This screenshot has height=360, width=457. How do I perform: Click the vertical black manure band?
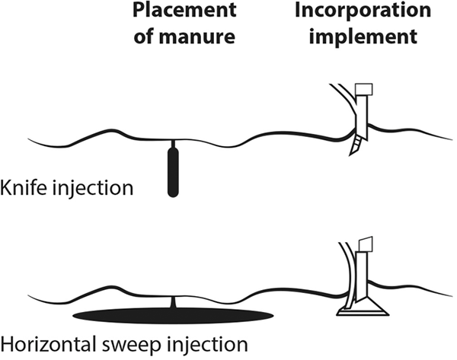174,172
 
